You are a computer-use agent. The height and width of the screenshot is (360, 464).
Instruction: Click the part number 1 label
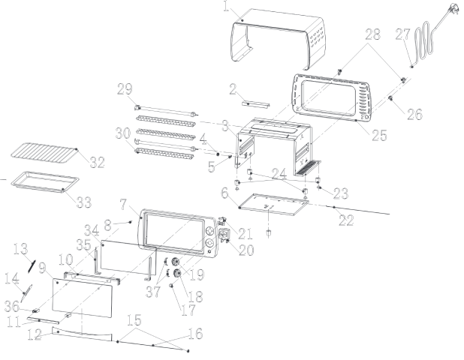pos(226,7)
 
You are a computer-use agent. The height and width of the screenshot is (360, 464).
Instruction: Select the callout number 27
pos(403,35)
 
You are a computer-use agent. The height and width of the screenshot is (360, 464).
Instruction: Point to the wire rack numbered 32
pos(43,154)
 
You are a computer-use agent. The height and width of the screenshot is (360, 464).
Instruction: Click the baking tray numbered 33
pos(44,181)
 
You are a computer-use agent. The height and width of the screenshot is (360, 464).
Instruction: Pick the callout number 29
pos(125,89)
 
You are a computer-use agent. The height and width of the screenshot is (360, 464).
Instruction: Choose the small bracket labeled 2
pos(256,104)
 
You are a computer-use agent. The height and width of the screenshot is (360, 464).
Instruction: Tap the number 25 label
pos(379,136)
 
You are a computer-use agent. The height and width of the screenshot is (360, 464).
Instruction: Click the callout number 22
pos(347,220)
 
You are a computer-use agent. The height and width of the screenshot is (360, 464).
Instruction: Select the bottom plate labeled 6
pos(273,204)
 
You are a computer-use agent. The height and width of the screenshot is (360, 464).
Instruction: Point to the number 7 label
pos(123,204)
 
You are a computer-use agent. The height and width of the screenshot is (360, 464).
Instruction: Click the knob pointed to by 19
pos(176,262)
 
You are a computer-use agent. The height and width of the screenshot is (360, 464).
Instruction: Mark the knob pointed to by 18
pos(176,273)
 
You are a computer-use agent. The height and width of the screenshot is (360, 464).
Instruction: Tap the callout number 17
pos(188,310)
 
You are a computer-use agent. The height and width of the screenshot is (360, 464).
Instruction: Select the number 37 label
pos(153,292)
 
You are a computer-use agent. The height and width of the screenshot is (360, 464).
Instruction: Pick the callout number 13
pos(21,249)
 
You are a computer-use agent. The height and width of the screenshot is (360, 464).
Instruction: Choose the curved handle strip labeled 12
pos(82,334)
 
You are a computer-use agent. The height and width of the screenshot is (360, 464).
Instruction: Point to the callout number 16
pos(196,334)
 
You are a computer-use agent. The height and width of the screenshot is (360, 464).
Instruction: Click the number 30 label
pos(123,133)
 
